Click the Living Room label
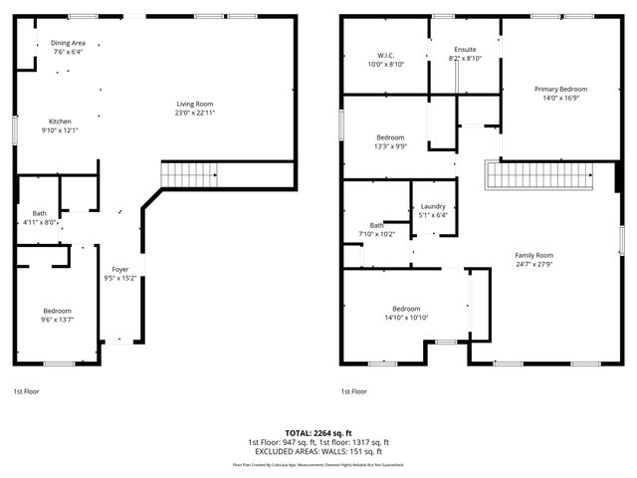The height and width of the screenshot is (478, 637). coord(195,104)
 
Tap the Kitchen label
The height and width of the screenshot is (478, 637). coord(61,121)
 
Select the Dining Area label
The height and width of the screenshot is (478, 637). coord(69,43)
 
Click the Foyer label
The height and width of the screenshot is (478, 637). coord(119,269)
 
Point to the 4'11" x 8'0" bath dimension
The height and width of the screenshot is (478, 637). coord(38,223)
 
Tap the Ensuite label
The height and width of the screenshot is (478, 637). coord(465,50)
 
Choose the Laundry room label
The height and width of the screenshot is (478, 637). coord(433,205)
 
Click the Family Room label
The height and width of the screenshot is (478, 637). coord(533,255)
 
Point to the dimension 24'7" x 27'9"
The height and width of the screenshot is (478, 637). coord(533,264)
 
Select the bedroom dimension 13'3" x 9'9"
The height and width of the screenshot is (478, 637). coord(390,145)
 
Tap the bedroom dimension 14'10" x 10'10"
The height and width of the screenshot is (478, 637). coord(406,318)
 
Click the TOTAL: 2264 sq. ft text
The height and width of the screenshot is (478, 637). coord(318,433)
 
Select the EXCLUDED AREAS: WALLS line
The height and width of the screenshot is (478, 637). coord(318,451)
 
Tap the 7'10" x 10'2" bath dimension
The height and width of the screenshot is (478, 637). coord(377,234)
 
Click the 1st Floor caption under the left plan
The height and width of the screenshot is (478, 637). coord(26,391)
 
